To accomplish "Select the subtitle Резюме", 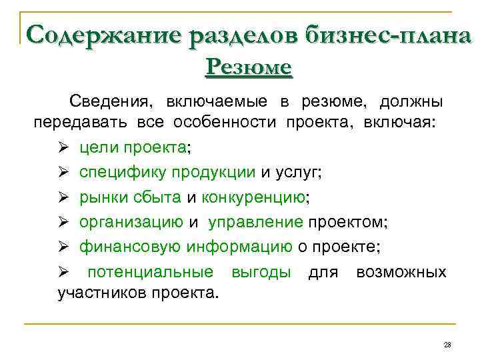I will [249, 67].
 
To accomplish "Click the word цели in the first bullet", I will [97, 147].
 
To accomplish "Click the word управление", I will [255, 221].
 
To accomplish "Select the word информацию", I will [239, 246].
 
